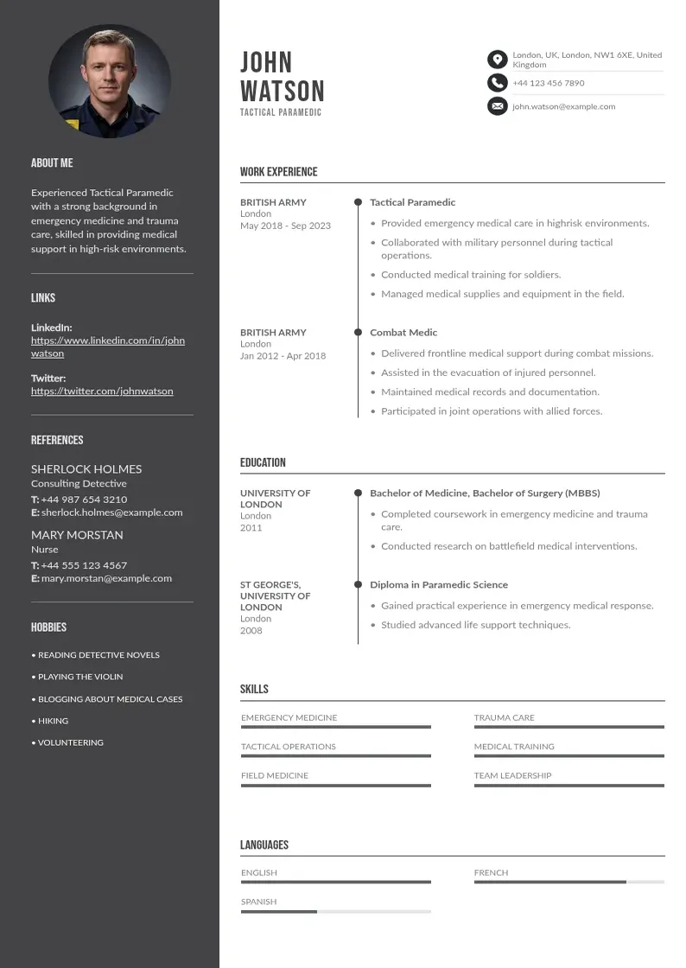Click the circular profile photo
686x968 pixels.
tap(110, 81)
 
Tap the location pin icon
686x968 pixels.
tap(497, 60)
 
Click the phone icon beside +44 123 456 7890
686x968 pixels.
tap(497, 83)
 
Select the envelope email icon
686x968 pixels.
tap(497, 106)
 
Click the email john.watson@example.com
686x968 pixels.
tap(563, 106)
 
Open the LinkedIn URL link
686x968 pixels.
tap(108, 347)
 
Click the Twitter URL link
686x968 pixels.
tap(102, 391)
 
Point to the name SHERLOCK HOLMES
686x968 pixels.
tap(86, 468)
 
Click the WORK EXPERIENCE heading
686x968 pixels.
tap(279, 172)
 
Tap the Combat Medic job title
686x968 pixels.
tap(403, 332)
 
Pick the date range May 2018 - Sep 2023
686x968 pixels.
tap(285, 226)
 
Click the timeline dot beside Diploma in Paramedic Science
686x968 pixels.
tap(358, 584)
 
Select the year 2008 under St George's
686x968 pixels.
tap(251, 630)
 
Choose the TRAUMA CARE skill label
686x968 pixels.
tap(504, 717)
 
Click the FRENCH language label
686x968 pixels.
tap(491, 873)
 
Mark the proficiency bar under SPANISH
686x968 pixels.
tap(335, 912)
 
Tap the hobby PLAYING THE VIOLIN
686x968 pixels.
tap(80, 677)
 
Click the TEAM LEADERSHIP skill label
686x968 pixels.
tap(512, 775)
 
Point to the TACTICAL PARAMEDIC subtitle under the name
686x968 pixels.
tap(281, 112)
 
